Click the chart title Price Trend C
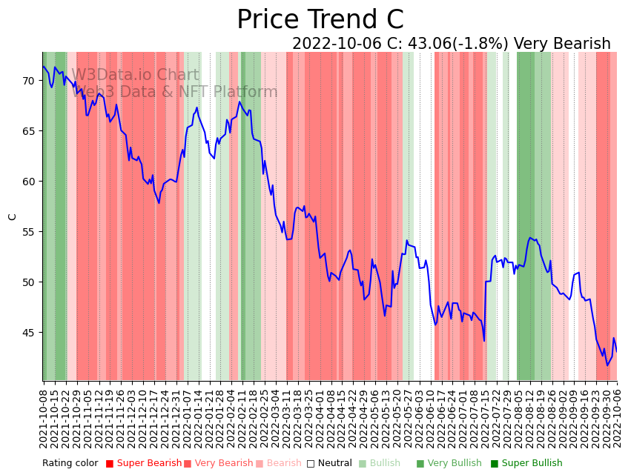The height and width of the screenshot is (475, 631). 320,20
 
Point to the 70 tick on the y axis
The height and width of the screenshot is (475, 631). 29,81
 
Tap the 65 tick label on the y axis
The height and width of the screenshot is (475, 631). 29,131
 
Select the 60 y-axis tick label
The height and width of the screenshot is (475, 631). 29,182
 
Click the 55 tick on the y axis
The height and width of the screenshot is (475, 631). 29,232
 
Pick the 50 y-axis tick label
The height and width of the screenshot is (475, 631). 29,282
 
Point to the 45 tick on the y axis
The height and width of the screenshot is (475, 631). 29,333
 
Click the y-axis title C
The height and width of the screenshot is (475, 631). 13,216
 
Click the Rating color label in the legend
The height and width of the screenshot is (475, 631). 70,464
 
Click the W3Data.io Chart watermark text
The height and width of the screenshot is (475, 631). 135,76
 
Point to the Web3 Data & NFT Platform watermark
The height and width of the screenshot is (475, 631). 175,93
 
